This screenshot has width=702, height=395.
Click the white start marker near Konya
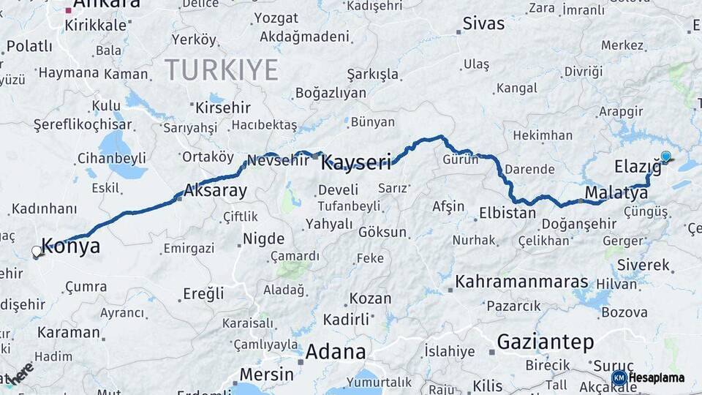point(37,252)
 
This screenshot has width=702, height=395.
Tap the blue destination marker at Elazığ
point(665,156)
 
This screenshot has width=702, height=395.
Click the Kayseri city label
point(356,162)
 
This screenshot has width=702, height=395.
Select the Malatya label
point(616,194)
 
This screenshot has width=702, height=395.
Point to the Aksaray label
point(215,191)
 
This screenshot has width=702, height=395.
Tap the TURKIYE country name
point(222,70)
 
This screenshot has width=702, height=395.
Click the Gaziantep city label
point(545,342)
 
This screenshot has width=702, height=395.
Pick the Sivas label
point(484,23)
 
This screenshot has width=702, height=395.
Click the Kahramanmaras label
point(522,282)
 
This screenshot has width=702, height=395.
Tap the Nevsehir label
point(278,160)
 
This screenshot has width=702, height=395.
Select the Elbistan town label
point(507,214)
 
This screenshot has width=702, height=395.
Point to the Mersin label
point(267,375)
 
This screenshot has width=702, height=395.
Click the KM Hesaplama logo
point(648,377)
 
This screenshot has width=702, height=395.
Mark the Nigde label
point(263,238)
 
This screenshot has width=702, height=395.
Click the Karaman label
point(69,332)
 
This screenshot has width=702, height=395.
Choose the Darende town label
point(529,169)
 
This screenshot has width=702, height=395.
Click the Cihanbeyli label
point(111,158)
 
